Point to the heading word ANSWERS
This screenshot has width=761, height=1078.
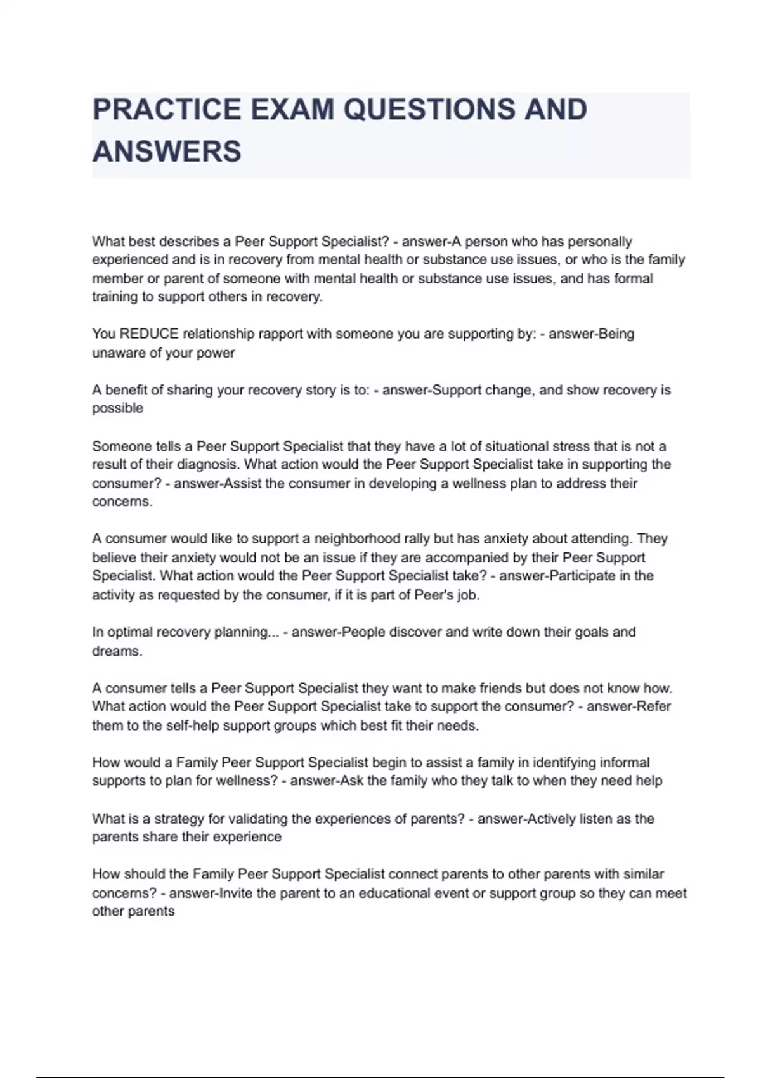click(x=167, y=152)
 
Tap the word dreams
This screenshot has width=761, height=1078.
click(x=117, y=651)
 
